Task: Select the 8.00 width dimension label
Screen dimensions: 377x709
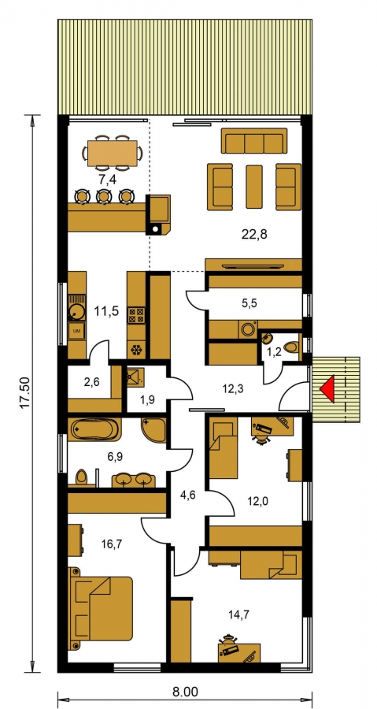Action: (185, 692)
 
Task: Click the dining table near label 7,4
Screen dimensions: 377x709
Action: (112, 154)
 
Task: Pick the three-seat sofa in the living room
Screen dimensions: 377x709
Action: (254, 141)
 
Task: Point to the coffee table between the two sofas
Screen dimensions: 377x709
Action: (254, 187)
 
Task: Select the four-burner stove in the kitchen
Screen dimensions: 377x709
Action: (137, 314)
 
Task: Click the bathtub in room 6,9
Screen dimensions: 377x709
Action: (95, 429)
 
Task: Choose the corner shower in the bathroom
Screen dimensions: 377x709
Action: (153, 430)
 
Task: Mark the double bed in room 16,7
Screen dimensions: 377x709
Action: (100, 608)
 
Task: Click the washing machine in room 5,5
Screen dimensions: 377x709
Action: (248, 329)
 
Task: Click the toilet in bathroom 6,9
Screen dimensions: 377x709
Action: (81, 477)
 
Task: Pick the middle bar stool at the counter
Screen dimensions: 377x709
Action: (104, 196)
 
